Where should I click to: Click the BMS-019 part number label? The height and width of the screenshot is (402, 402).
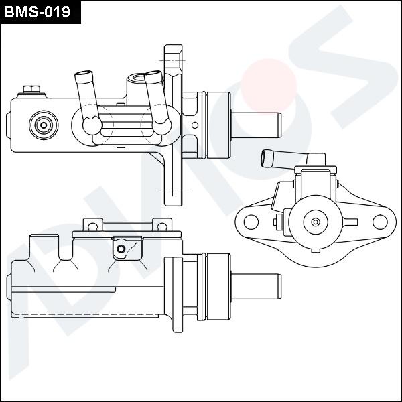(37, 12)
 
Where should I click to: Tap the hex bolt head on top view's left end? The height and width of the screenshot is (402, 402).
(31, 90)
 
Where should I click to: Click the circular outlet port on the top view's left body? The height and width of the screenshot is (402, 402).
(44, 125)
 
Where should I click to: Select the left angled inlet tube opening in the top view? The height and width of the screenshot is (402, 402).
(84, 74)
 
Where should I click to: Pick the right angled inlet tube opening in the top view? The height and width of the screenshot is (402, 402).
(153, 74)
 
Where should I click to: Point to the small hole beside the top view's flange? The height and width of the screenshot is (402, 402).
(195, 125)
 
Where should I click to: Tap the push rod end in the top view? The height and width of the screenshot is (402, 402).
(257, 125)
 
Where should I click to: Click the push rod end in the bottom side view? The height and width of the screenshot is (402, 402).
(257, 286)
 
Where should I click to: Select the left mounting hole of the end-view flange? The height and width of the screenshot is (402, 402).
(251, 222)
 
